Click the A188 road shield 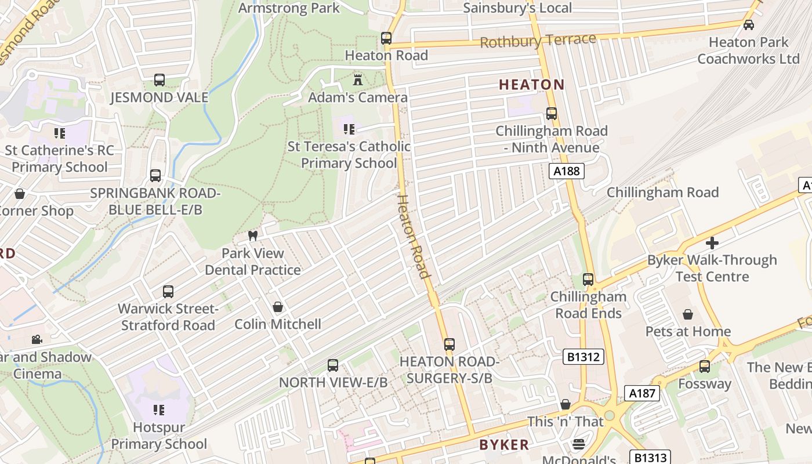566,171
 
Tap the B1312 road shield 583,357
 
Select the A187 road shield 643,393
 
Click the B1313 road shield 650,458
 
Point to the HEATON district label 531,85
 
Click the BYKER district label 504,445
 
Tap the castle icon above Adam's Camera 358,79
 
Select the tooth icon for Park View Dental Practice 252,235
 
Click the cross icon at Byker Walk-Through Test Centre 712,243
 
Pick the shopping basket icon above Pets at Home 688,314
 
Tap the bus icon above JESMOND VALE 159,80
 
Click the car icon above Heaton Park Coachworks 749,25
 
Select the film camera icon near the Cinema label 37,339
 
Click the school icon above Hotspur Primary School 158,410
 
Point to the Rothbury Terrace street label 538,41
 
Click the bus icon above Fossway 705,367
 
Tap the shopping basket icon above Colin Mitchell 278,306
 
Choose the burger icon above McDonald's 579,444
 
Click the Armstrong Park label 289,8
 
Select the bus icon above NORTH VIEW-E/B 333,365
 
